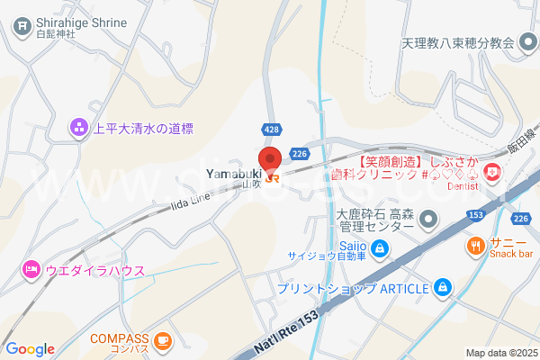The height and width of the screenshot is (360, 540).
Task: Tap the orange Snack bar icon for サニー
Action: pos(474,245)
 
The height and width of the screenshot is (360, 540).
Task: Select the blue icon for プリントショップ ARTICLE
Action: pos(442,288)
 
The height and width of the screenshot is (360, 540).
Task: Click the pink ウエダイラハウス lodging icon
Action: pos(31,268)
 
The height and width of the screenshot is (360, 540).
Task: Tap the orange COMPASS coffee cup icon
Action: pos(162,339)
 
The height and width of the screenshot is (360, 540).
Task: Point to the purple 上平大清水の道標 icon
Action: pos(79,129)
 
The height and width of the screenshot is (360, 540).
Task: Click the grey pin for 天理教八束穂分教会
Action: pos(526,42)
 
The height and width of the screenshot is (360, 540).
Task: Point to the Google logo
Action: pos(30,349)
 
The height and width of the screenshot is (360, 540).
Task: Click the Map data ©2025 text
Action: pos(500,353)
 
